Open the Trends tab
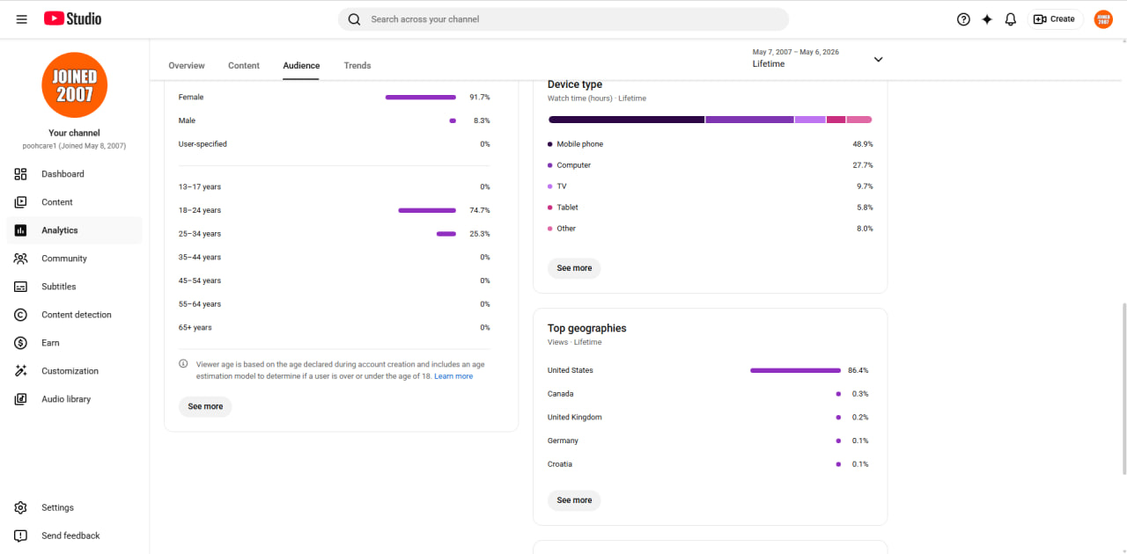357,65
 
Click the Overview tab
186,65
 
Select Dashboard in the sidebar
63,174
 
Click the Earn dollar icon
20,343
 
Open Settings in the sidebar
57,507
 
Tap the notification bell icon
1010,19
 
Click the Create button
1054,19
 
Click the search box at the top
563,19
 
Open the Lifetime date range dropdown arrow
879,59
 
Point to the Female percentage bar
421,97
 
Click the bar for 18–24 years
427,210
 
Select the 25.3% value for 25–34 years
480,234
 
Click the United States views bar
795,370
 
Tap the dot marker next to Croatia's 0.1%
838,464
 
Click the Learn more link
453,376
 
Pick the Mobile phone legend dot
550,144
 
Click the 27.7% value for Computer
863,165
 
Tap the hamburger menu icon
22,19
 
